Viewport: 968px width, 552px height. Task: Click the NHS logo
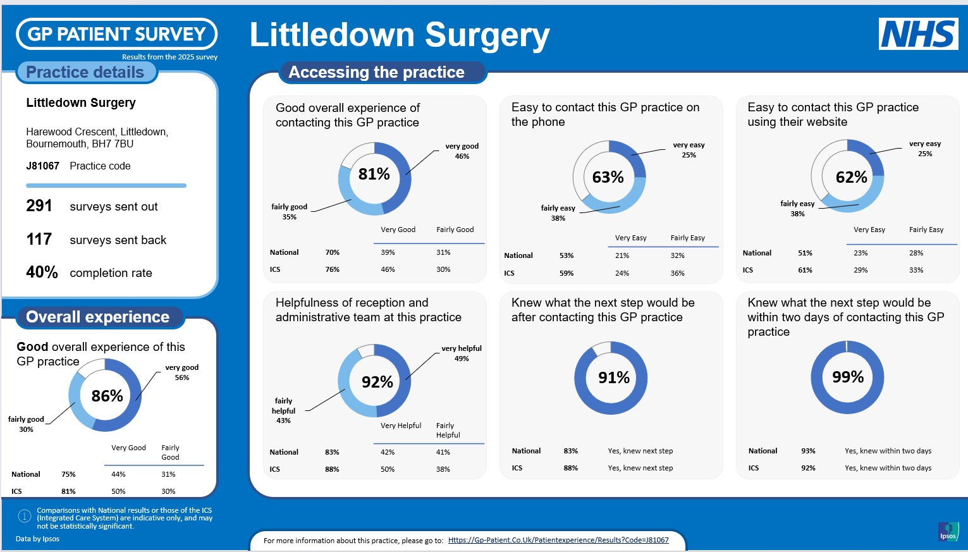click(x=918, y=34)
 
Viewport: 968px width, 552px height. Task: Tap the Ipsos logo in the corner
click(x=948, y=531)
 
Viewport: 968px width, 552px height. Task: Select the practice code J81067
click(x=42, y=166)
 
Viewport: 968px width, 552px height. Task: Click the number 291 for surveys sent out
click(x=39, y=206)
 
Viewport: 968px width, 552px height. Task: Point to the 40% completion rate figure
click(x=42, y=273)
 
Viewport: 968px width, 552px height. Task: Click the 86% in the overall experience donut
click(x=107, y=396)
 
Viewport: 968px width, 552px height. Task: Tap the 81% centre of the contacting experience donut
click(x=374, y=174)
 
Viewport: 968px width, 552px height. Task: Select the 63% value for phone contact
click(x=608, y=177)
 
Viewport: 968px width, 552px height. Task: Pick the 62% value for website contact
click(x=851, y=177)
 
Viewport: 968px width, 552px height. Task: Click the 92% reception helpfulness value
click(x=377, y=382)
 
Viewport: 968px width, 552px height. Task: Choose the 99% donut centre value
click(x=847, y=377)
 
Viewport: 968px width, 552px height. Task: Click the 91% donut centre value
click(x=613, y=378)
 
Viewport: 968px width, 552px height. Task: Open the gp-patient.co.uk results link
click(x=558, y=540)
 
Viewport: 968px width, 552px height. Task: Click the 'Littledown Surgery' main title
click(x=400, y=35)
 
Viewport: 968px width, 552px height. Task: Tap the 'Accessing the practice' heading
click(x=376, y=72)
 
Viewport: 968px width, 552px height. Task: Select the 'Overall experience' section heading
click(x=97, y=317)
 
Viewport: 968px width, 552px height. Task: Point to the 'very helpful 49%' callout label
click(x=462, y=353)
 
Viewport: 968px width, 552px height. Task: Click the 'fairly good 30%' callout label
click(x=26, y=424)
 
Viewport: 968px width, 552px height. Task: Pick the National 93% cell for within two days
click(x=808, y=451)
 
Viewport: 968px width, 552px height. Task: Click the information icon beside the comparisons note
click(x=24, y=517)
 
